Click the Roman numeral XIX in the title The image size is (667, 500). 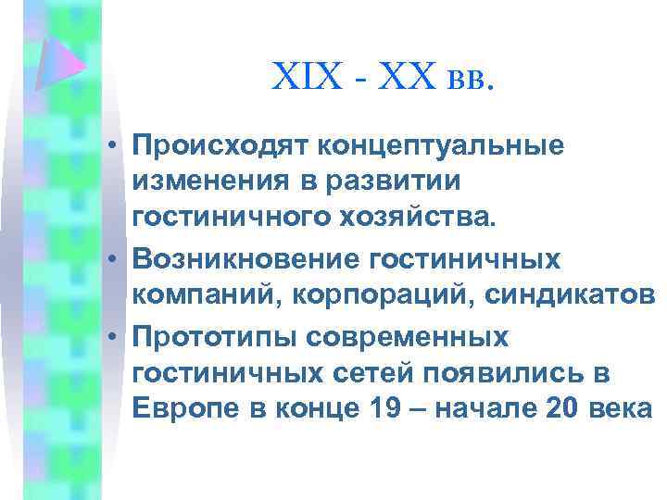tap(302, 77)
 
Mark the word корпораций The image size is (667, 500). tap(348, 294)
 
